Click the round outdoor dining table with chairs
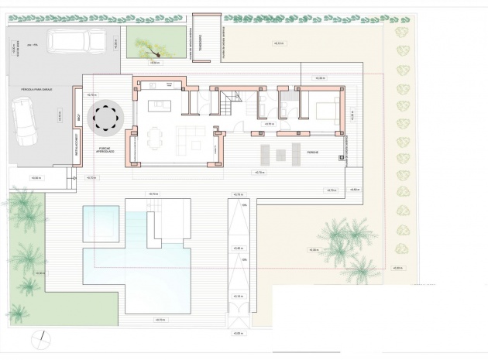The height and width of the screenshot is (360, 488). [x=105, y=117]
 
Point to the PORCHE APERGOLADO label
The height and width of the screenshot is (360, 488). [x=105, y=149]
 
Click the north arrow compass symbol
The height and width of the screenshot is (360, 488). [x=40, y=338]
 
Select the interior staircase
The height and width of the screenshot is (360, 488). [x=229, y=100]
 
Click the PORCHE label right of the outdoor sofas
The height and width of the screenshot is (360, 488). [x=313, y=152]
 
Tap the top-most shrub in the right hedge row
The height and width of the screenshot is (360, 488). [x=401, y=33]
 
